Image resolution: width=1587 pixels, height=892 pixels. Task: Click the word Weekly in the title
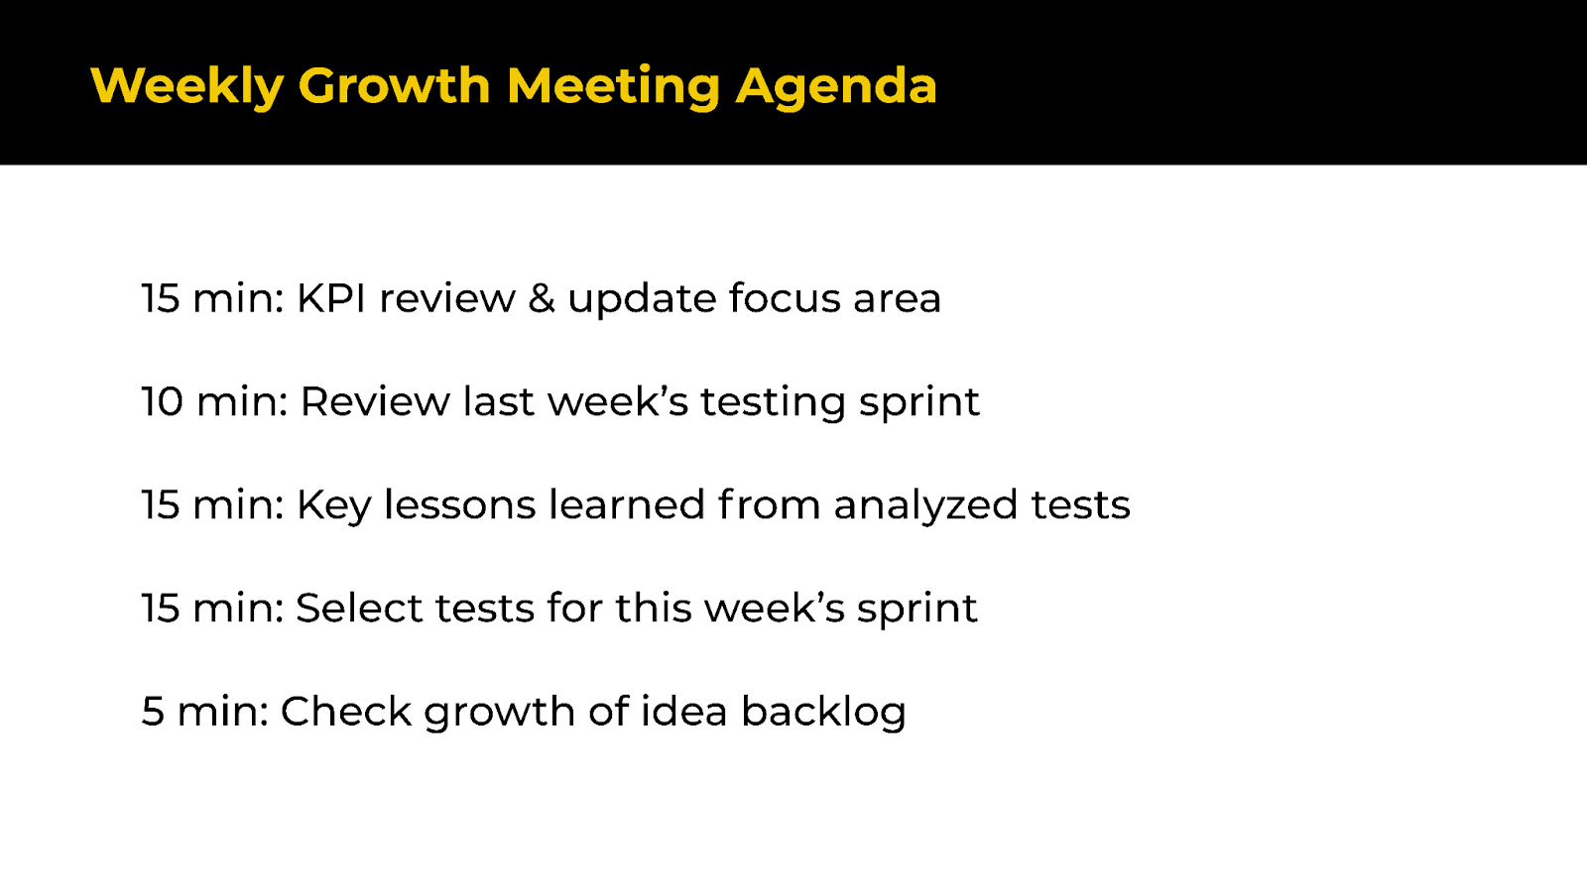[x=186, y=86]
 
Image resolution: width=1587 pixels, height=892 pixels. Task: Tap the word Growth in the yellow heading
[x=394, y=86]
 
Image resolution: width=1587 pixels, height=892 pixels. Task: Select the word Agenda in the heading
[x=835, y=86]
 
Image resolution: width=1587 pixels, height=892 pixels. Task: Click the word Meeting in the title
[x=613, y=86]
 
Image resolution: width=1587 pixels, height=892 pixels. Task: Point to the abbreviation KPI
[x=331, y=298]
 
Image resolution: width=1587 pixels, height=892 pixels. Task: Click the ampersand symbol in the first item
[x=542, y=298]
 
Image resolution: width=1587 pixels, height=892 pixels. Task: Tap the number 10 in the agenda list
[x=162, y=401]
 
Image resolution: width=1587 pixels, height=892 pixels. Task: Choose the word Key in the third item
[x=333, y=505]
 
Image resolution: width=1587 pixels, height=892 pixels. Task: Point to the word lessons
[x=460, y=504]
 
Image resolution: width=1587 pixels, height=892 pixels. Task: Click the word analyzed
[x=925, y=505]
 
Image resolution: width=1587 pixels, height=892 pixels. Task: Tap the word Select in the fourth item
[x=359, y=608]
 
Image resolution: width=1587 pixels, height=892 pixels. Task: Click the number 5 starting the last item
[x=152, y=712]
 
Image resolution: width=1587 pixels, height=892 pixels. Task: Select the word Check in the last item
[x=345, y=712]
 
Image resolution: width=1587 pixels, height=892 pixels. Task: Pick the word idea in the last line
[x=683, y=712]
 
